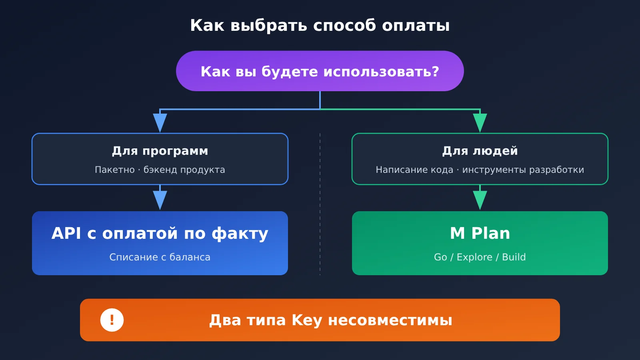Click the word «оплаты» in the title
coord(416,26)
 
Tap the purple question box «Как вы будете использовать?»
coord(320,71)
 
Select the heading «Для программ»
coord(160,151)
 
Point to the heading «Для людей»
coord(480,151)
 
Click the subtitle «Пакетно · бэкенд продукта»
coord(160,170)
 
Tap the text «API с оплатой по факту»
coord(160,234)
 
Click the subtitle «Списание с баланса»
coord(160,257)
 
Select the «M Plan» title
coord(480,233)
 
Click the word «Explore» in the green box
coord(474,257)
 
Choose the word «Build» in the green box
coord(514,257)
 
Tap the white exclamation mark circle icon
coord(112,320)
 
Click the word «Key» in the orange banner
coord(307,320)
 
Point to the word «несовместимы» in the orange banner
coord(390,320)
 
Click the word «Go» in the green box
coord(440,257)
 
